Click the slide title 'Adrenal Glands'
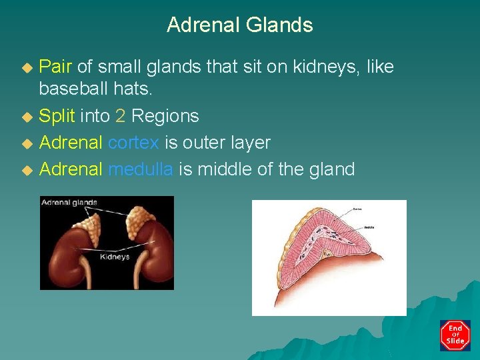239,25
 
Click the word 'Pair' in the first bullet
56,67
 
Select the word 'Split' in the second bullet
57,116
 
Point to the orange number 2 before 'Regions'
120,116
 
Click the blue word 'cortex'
133,143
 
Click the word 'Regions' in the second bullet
165,116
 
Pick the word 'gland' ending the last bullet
331,169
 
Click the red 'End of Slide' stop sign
455,335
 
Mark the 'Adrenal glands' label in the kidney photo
69,203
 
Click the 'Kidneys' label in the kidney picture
114,256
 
